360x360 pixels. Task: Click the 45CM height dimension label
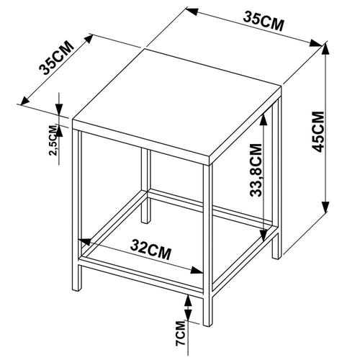tap(318, 131)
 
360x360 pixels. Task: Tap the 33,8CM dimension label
tap(256, 170)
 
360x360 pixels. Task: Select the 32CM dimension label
tap(151, 251)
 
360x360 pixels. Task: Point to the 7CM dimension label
tap(181, 333)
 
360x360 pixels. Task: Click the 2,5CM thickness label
tap(53, 140)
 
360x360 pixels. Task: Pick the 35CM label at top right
tap(264, 22)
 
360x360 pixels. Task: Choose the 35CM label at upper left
tap(56, 58)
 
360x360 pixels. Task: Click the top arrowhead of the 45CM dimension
tap(325, 50)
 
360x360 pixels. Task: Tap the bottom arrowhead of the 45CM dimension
tap(325, 207)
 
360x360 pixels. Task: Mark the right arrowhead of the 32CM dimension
tap(197, 271)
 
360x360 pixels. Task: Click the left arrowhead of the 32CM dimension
tap(85, 242)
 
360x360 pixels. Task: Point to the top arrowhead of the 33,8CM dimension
tap(264, 119)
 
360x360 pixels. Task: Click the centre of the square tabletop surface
tap(177, 107)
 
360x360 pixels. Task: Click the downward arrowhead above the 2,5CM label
tap(59, 110)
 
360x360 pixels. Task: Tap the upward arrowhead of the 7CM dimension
tap(188, 301)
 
